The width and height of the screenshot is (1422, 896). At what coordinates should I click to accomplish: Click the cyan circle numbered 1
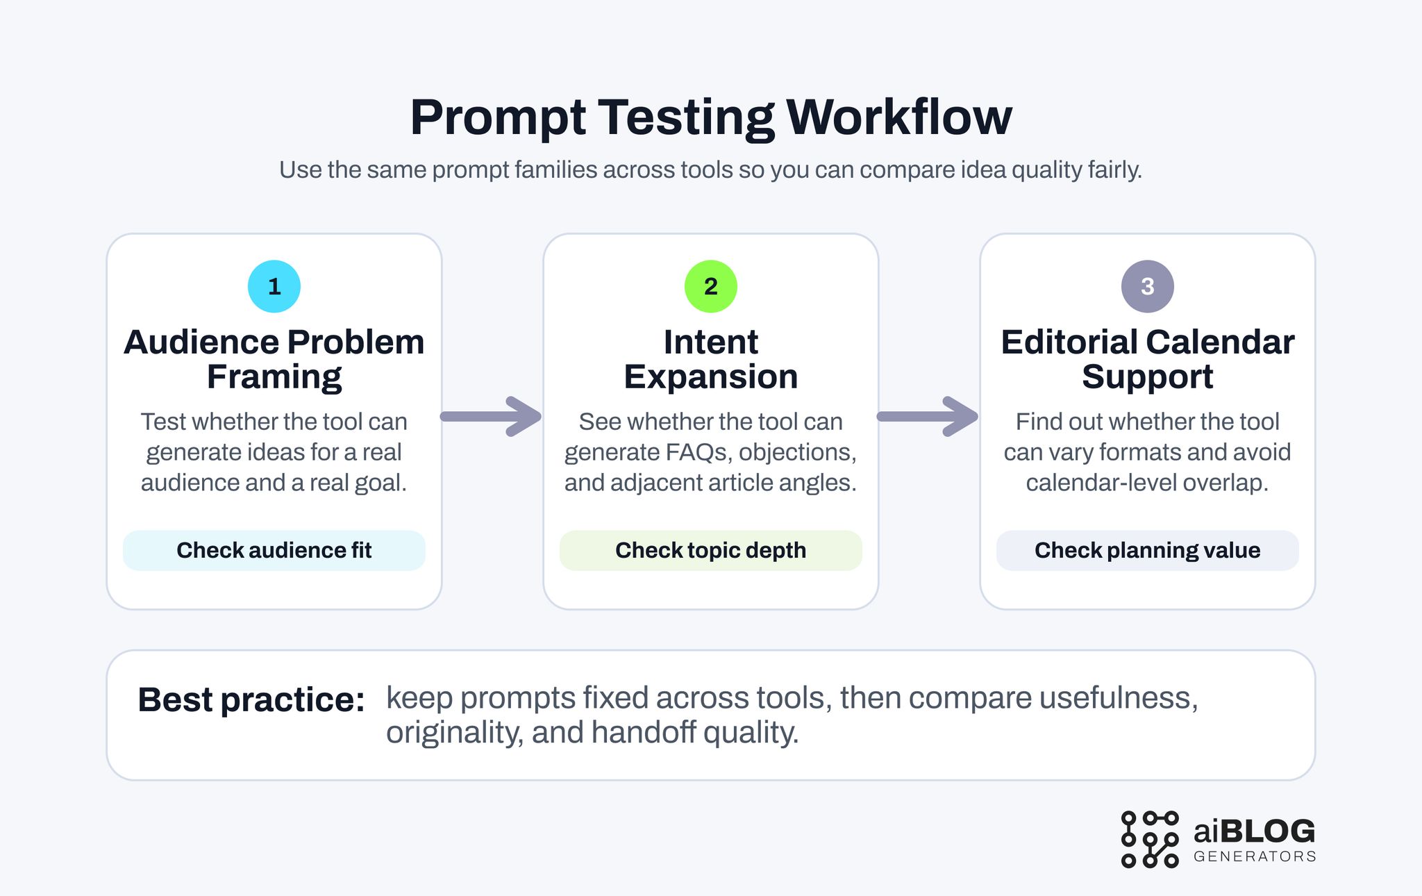pos(274,286)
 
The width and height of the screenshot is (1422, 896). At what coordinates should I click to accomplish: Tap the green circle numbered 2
pos(710,286)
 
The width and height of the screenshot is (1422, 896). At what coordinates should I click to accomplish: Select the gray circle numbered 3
pos(1147,286)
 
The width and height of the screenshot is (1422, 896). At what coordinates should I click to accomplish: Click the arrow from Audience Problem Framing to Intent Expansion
pos(492,417)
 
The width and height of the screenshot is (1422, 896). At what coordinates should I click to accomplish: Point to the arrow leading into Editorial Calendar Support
pos(928,417)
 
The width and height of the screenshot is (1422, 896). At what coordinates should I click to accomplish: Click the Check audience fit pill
pos(274,550)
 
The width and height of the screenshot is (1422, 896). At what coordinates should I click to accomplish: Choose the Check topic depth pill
pos(710,550)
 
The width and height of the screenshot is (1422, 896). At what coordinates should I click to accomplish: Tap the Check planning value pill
pos(1147,550)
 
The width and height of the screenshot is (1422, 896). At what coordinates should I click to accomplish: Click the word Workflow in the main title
pos(899,117)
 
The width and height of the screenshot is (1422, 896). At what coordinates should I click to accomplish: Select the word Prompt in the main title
pos(497,118)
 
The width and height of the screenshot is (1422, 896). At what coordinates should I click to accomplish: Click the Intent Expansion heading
pos(710,359)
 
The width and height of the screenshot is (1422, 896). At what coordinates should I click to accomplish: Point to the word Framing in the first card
pos(274,377)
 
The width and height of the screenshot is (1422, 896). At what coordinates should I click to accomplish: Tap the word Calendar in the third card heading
pos(1220,342)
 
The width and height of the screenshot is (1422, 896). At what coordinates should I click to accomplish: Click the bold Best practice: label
pos(251,699)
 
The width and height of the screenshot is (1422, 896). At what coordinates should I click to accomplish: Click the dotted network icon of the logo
pos(1150,839)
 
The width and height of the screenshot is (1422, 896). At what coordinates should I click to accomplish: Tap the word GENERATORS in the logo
pos(1255,856)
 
